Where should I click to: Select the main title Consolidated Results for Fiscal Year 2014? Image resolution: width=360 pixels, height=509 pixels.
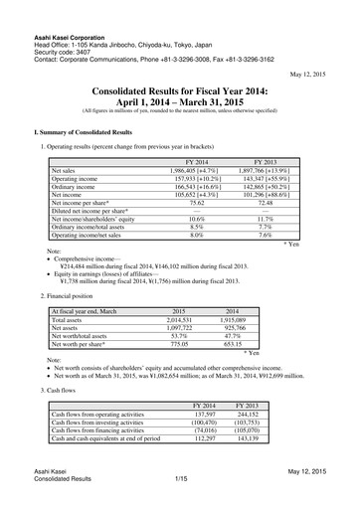point(179,89)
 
